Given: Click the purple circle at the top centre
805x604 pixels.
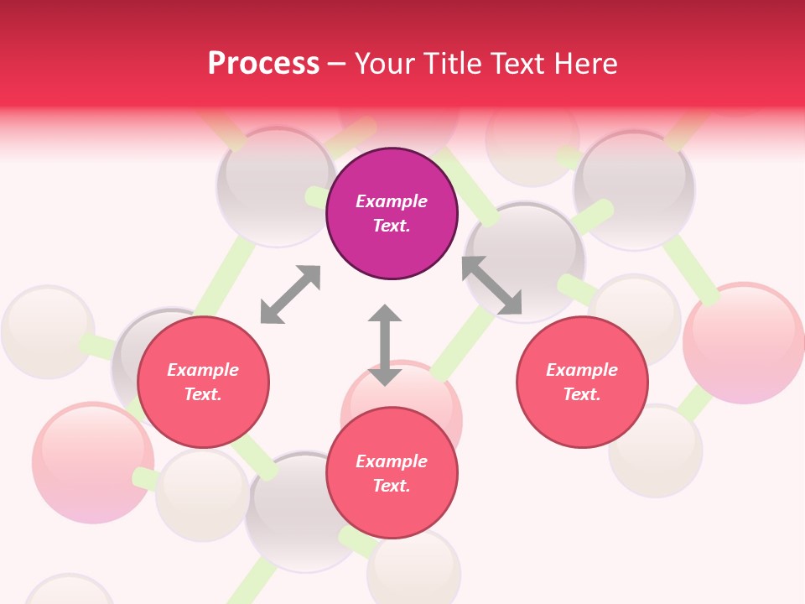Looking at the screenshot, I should point(392,214).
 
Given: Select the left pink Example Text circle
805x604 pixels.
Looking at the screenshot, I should point(203,383).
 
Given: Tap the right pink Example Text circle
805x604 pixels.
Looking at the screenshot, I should point(582,383).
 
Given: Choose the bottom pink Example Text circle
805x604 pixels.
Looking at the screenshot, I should point(392,473).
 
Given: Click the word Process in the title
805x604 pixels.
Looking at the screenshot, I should point(263,64).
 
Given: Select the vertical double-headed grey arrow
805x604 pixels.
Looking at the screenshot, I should point(385,345).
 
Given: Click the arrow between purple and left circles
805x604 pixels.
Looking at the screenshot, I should point(290,294).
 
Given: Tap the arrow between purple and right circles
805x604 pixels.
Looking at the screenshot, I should point(492,285).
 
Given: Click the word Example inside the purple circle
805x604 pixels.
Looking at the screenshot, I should point(392,201).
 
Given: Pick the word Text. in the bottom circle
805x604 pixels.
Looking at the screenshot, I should point(392,486).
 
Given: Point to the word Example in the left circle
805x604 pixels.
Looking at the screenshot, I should point(203,370).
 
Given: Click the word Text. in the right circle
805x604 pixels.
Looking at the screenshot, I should point(582,394).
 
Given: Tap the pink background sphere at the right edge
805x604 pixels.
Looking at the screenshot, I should point(743,342).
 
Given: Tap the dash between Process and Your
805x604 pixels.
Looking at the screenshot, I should point(336,64).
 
